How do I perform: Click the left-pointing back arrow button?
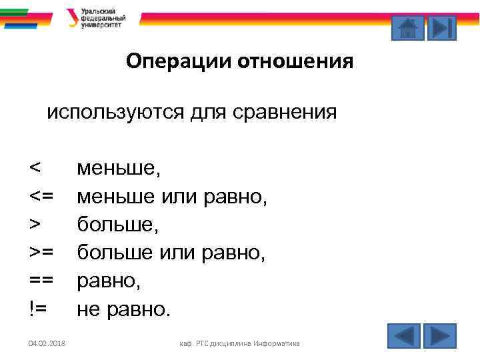coord(404,335)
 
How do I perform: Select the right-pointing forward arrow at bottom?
coord(439,335)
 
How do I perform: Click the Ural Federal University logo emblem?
coord(72,17)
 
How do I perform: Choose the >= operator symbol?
coord(41,253)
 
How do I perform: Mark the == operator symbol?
coord(41,281)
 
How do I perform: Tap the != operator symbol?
coord(39,309)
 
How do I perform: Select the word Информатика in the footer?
coord(275,343)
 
